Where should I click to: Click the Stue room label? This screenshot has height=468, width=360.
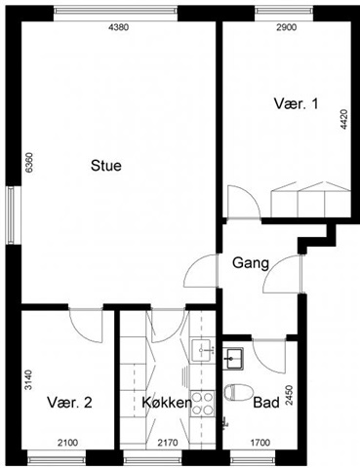click(106, 166)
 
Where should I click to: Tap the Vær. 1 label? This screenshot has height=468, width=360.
click(296, 104)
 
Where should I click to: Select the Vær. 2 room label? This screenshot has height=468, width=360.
click(69, 403)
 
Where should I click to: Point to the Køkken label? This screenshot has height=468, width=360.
click(167, 403)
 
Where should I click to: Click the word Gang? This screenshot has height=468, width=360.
click(251, 263)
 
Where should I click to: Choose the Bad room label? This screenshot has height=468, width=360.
click(266, 403)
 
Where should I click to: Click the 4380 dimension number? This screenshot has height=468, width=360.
click(118, 27)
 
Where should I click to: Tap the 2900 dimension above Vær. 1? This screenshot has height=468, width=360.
click(287, 27)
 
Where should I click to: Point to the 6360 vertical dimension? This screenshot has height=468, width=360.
click(29, 163)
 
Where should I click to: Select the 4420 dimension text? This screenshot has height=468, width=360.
click(344, 120)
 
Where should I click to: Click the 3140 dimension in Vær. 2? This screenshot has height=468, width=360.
click(29, 379)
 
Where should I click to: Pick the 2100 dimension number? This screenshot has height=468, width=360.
click(67, 443)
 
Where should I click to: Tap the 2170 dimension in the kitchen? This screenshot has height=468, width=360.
click(168, 443)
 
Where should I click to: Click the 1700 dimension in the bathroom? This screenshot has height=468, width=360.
click(260, 443)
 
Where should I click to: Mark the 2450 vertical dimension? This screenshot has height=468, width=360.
click(289, 395)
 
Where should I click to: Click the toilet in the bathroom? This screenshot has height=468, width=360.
click(238, 392)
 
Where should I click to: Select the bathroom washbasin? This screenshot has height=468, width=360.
click(233, 358)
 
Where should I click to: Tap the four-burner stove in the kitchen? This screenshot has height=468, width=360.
click(202, 403)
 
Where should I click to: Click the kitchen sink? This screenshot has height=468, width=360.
click(203, 350)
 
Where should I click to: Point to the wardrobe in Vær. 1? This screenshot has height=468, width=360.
click(311, 200)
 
